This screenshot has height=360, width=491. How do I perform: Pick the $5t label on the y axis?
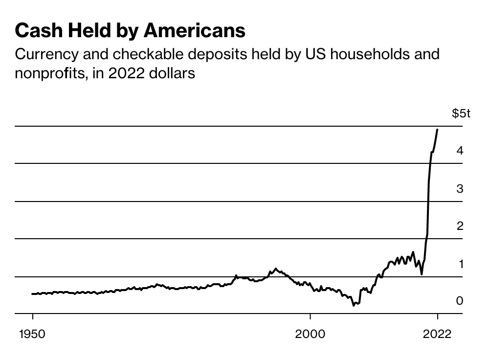point(461,114)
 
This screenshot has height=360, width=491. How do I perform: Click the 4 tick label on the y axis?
point(460,151)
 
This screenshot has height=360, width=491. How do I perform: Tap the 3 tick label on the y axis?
point(460,188)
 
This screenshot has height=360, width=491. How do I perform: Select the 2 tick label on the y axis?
point(460,226)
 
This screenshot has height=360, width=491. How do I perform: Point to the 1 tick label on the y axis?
point(460,264)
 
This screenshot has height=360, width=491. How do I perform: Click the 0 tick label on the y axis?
point(460,301)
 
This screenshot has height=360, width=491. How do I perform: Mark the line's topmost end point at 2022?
point(437,130)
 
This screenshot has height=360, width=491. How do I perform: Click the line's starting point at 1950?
point(32,294)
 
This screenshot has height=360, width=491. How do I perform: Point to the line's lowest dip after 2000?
point(354,306)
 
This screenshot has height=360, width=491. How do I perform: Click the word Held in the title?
point(87,31)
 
